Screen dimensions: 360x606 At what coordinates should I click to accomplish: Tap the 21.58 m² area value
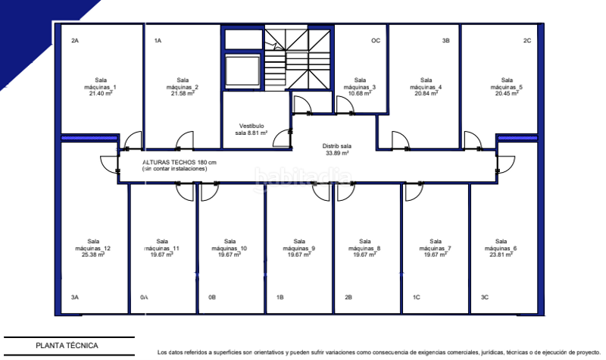tap(182, 94)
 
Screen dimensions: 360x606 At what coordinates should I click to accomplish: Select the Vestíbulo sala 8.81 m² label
tap(251, 129)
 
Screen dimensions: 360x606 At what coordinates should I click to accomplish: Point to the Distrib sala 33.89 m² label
tap(336, 149)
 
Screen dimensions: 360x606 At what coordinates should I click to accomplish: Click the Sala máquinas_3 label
tap(360, 87)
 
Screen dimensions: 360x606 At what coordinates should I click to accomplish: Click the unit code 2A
tap(75, 40)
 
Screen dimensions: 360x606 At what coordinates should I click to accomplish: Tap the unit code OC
tap(375, 40)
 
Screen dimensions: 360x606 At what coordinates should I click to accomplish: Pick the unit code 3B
tap(446, 40)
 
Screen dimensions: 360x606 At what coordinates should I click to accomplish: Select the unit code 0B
tap(212, 298)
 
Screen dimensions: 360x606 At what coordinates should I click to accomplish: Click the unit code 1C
tap(416, 298)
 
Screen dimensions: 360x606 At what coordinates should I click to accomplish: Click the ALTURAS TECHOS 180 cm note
tap(180, 163)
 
